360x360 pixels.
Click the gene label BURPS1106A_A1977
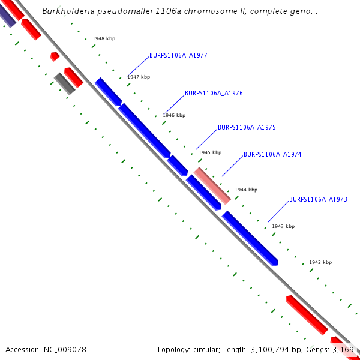click(x=178, y=56)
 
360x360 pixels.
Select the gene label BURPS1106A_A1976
click(x=214, y=94)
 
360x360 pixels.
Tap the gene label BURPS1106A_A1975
click(x=247, y=128)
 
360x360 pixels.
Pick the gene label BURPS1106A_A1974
click(x=272, y=155)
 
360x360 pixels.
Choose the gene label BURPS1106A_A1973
click(x=318, y=200)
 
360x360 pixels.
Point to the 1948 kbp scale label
click(x=104, y=39)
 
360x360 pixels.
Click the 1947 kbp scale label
click(x=139, y=77)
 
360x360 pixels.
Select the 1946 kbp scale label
click(x=174, y=115)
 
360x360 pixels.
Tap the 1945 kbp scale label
click(x=210, y=153)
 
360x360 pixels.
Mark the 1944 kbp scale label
click(x=246, y=190)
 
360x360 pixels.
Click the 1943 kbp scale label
click(x=283, y=227)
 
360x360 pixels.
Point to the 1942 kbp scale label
click(x=320, y=263)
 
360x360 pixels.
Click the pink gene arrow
click(x=212, y=185)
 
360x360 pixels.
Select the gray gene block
click(x=64, y=83)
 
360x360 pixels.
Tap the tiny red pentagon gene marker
click(x=55, y=56)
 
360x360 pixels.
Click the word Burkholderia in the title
click(x=69, y=11)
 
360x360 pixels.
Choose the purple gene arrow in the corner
click(x=7, y=16)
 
